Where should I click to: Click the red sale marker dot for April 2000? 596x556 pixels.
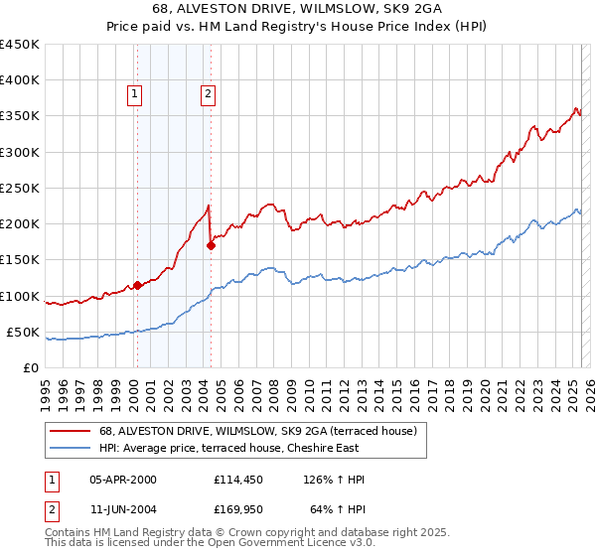pos(136,285)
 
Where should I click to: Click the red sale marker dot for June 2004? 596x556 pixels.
pos(211,245)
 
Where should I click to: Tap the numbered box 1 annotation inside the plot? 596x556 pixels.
pos(134,94)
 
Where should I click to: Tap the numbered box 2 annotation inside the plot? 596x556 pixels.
pos(208,94)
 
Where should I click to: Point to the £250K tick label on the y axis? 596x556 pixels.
pos(20,188)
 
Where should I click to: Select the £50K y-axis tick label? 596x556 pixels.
pos(24,332)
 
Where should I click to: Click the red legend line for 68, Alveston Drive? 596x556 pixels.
pos(69,431)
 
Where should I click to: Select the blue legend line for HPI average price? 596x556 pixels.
pos(69,447)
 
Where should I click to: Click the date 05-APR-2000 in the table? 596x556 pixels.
pos(123,480)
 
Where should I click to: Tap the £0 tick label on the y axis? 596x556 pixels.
pos(31,367)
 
